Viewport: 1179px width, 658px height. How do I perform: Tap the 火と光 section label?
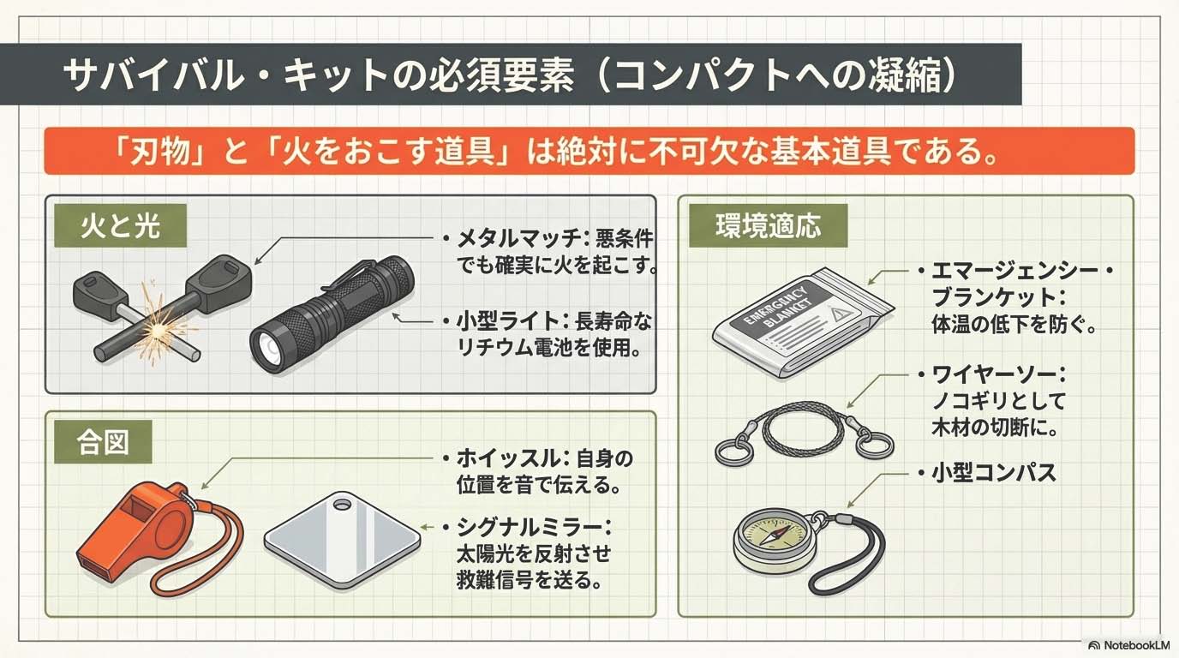pyautogui.click(x=121, y=226)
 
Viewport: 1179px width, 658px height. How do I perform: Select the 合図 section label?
pyautogui.click(x=103, y=441)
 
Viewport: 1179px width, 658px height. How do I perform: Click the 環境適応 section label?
pyautogui.click(x=769, y=226)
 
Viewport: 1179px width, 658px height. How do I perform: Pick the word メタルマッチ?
pyautogui.click(x=518, y=239)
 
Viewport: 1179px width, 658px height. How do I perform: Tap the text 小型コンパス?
pyautogui.click(x=994, y=473)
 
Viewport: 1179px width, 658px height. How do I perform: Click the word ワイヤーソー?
pyautogui.click(x=993, y=374)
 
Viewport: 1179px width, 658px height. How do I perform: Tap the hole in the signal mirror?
pyautogui.click(x=342, y=505)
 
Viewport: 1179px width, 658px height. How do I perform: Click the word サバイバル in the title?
pyautogui.click(x=153, y=75)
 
